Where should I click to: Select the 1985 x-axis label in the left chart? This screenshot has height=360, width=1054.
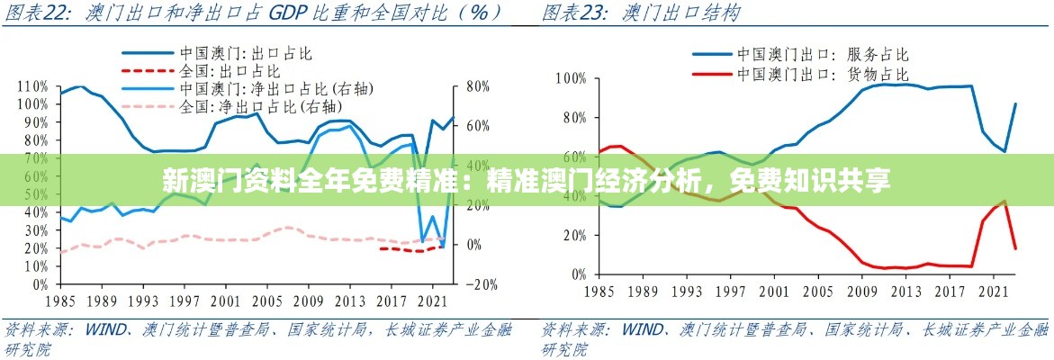coord(59,301)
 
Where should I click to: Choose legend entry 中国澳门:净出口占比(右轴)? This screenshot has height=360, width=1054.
coord(276,88)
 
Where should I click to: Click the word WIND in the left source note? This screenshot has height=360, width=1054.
coord(105,328)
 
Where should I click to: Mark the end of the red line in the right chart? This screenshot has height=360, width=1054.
coord(1015,248)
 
